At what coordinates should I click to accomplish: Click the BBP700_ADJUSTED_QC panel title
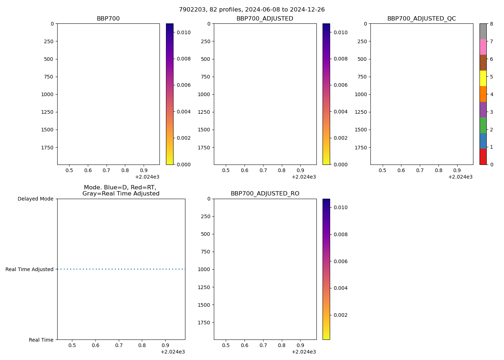(x=422, y=19)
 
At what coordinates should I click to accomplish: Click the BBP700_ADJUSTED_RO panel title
(x=265, y=194)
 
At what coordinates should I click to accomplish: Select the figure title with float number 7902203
(x=252, y=10)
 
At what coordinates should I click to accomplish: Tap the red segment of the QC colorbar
(x=483, y=157)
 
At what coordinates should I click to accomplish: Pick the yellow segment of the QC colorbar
(x=483, y=78)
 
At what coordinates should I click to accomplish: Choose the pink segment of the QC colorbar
(x=483, y=47)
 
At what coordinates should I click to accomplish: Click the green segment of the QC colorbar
(x=483, y=125)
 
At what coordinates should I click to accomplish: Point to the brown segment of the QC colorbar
(x=483, y=63)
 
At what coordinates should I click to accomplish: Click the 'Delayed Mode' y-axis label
(x=35, y=199)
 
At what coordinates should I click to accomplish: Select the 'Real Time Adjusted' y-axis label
(x=29, y=269)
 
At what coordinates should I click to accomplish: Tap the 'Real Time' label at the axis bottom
(x=41, y=340)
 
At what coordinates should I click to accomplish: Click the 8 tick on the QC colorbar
(x=491, y=24)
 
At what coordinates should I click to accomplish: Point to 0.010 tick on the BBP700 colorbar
(x=183, y=32)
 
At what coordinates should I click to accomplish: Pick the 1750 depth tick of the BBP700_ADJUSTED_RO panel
(x=204, y=323)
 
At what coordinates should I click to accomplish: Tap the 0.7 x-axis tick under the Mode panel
(x=119, y=345)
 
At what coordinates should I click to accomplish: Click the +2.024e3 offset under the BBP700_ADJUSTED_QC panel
(x=460, y=177)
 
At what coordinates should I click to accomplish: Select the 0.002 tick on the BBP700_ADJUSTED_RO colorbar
(x=340, y=315)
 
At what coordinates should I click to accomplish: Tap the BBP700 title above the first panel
(x=108, y=19)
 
